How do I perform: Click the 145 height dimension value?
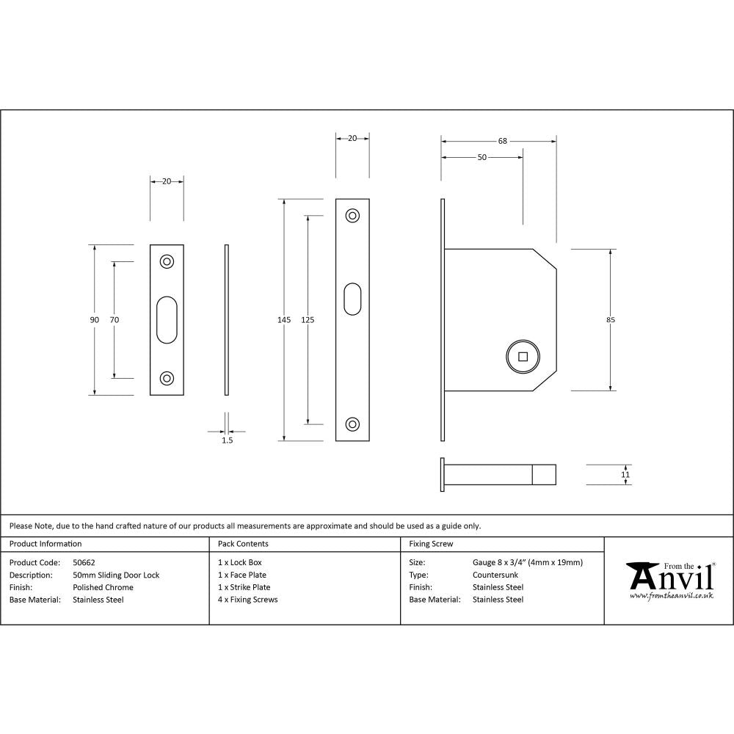(284, 319)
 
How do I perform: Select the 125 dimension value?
(308, 319)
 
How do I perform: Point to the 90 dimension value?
(94, 319)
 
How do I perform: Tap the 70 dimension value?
(114, 319)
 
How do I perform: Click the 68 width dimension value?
(502, 141)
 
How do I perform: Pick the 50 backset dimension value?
(482, 157)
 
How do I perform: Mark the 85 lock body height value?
(611, 319)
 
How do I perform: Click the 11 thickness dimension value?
(625, 475)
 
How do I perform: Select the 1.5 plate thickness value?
(227, 440)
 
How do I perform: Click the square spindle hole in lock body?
(523, 357)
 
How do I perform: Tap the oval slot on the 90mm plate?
(167, 319)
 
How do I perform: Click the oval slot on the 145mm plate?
(352, 299)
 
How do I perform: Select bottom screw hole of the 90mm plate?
(167, 378)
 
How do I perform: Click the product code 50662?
(84, 562)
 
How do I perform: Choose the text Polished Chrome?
(103, 587)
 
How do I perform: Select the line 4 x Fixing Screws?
(247, 600)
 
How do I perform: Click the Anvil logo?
(669, 580)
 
